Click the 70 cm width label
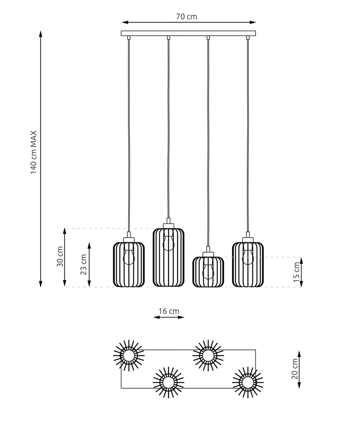[x=186, y=17]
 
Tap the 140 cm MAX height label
[x=33, y=153]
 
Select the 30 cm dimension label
[x=60, y=257]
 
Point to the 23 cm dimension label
[x=83, y=265]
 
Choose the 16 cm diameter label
[x=169, y=311]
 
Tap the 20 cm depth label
[x=295, y=369]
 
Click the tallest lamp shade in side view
[x=169, y=257]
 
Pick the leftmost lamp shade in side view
[x=129, y=264]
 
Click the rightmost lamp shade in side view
[x=248, y=264]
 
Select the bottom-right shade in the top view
[x=248, y=383]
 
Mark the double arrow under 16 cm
[x=169, y=317]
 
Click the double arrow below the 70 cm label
[x=189, y=22]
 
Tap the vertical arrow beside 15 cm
[x=301, y=272]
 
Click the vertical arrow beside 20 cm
[x=299, y=369]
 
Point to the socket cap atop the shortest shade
[x=208, y=254]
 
